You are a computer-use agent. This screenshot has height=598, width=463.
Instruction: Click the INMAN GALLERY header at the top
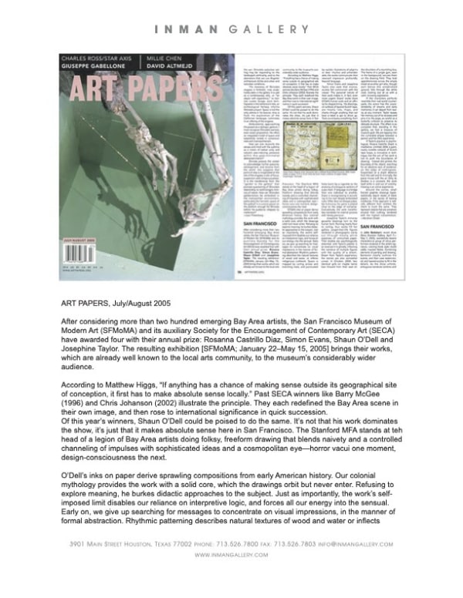(x=231, y=29)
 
